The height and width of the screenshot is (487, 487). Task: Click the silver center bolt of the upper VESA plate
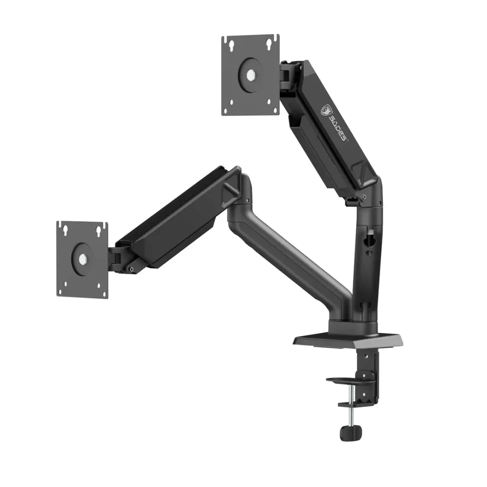tap(251, 74)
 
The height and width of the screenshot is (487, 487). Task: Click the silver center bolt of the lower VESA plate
tap(82, 259)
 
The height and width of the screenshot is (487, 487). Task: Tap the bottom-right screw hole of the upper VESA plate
tap(269, 102)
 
